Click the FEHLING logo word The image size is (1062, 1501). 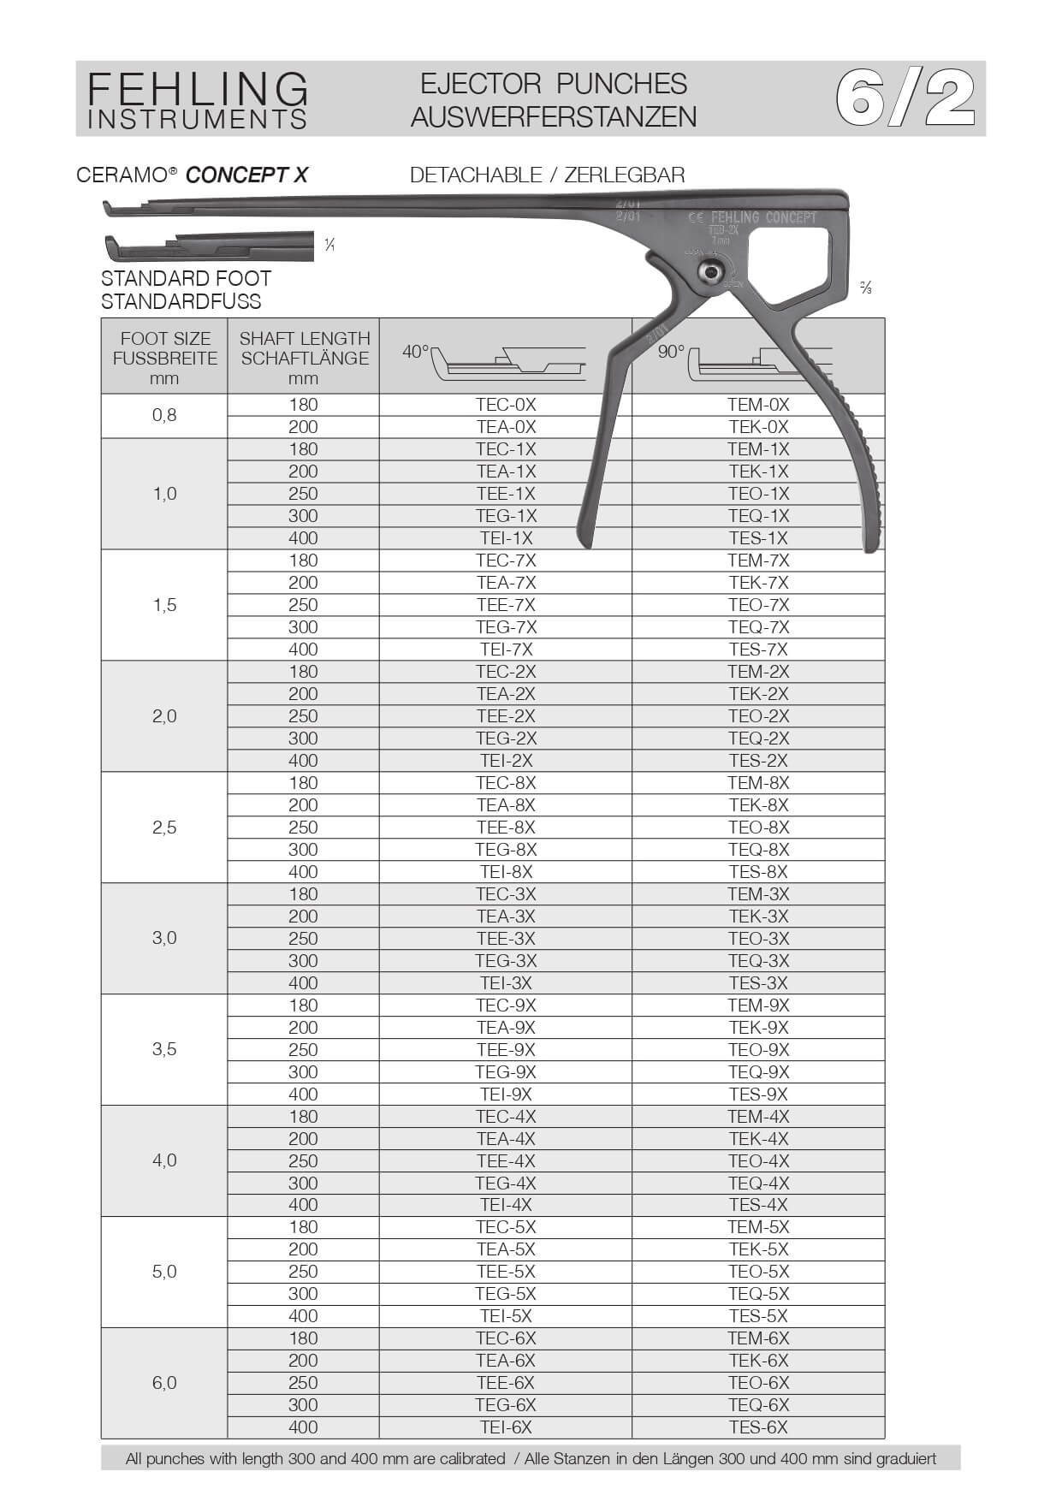point(198,88)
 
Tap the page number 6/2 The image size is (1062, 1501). point(905,98)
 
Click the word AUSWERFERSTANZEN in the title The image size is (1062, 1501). point(554,116)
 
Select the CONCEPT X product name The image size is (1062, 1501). point(246,175)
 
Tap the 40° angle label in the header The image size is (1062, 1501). point(415,352)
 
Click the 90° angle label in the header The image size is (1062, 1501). point(671,352)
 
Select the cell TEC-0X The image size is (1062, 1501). point(506,405)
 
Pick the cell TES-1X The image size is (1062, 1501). point(758,538)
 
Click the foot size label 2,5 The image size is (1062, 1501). point(164,828)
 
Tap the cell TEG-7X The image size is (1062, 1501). point(506,627)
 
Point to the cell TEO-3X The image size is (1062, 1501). point(758,939)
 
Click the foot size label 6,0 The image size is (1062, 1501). point(164,1383)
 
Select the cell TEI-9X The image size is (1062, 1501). point(506,1095)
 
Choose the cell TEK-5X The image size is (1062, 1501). point(758,1249)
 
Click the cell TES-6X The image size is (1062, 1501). point(758,1427)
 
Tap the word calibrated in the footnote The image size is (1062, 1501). point(465,1459)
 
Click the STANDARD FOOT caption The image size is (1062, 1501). point(186,279)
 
